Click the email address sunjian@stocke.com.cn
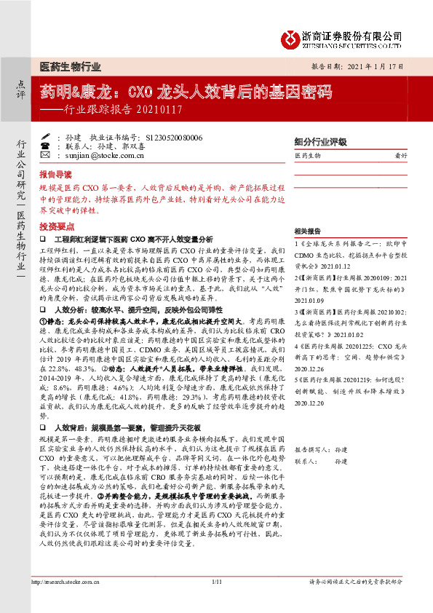[x=99, y=155]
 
